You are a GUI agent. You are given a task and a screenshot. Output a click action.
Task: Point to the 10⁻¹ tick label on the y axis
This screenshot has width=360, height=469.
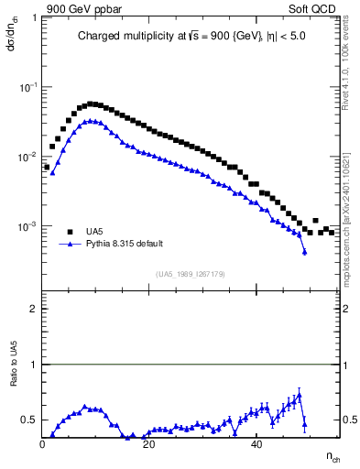point(28,87)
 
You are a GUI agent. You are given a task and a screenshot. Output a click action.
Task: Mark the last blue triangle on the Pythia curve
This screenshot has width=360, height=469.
point(304,251)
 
